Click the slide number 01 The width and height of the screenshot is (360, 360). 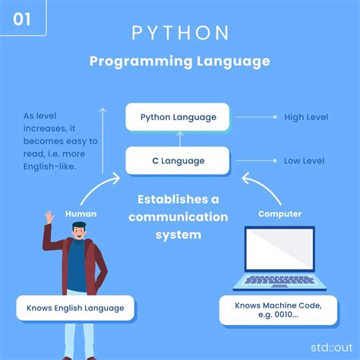click(x=22, y=18)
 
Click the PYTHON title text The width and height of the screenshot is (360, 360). click(x=180, y=33)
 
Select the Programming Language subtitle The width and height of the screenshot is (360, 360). click(x=180, y=62)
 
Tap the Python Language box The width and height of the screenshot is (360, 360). click(x=178, y=117)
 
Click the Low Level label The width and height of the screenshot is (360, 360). click(x=304, y=160)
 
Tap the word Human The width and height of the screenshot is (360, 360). click(x=81, y=214)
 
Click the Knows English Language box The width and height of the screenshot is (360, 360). click(x=75, y=308)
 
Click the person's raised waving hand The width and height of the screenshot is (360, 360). click(x=49, y=217)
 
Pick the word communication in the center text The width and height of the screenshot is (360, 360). click(x=178, y=217)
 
